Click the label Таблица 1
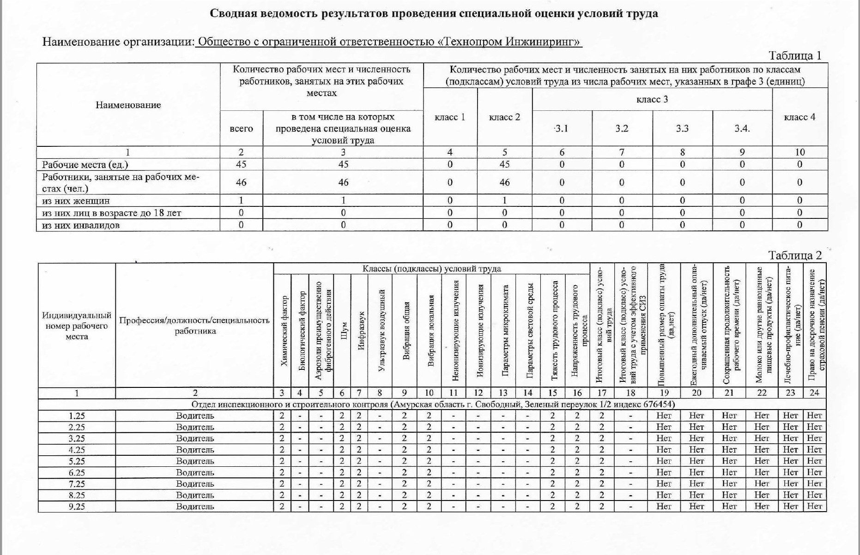(x=795, y=56)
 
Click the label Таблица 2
(x=795, y=255)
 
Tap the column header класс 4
(x=799, y=117)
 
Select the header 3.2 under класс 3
(x=622, y=128)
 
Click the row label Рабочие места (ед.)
(x=85, y=164)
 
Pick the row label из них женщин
(x=76, y=200)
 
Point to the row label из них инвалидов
(x=81, y=225)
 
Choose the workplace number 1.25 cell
(x=77, y=416)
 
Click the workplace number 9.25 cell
(x=77, y=506)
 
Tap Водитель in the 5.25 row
(x=195, y=461)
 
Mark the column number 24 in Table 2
(x=814, y=393)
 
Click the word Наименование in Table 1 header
(x=128, y=105)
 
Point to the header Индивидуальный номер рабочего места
(x=77, y=326)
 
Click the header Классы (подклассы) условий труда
(x=431, y=269)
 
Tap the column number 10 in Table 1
(x=799, y=152)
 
